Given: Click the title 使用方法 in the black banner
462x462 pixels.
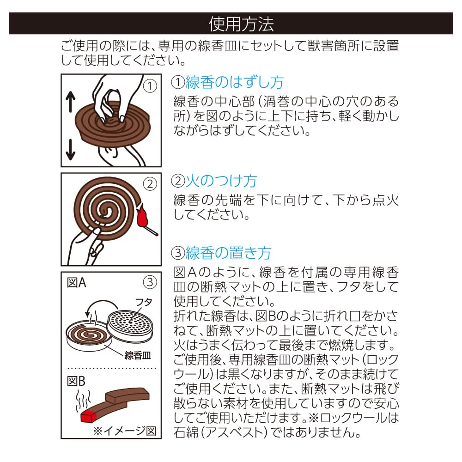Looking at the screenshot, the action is click(241, 24).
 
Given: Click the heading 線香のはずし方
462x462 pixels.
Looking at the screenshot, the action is click(235, 82).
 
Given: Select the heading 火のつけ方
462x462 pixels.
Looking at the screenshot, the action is click(221, 181).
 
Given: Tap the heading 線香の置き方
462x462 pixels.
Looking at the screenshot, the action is click(228, 253).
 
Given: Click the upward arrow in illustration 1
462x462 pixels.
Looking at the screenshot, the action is click(70, 102).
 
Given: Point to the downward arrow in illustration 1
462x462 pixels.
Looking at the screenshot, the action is click(70, 149).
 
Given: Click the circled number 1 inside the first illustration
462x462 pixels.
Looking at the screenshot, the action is click(150, 86).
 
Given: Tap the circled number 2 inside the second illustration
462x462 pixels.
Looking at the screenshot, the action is click(150, 184).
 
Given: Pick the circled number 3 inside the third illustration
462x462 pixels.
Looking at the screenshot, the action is click(150, 282).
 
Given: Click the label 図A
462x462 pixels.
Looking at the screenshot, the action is click(76, 283).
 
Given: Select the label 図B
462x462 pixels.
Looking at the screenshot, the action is click(76, 381).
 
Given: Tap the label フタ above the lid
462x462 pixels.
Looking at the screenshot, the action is click(144, 302).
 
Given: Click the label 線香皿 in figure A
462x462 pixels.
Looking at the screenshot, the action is click(138, 355).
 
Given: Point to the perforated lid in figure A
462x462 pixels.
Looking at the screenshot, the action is click(130, 326).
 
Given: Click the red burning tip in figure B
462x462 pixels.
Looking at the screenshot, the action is click(89, 416).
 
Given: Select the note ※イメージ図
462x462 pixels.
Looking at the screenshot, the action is click(125, 431).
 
